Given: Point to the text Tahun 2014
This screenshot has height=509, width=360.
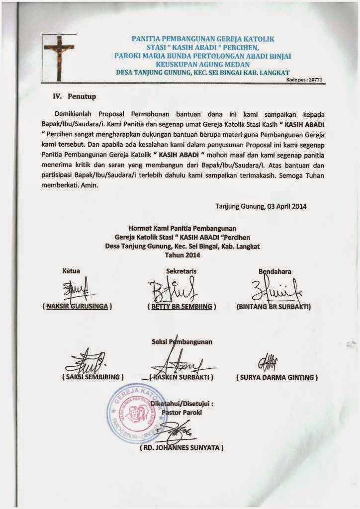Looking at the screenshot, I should [x=181, y=255].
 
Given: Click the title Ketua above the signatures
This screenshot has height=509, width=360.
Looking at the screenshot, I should [x=71, y=271].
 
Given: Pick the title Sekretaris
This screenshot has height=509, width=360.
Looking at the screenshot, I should [x=181, y=271].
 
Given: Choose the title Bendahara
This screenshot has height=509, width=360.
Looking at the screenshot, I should [x=275, y=271].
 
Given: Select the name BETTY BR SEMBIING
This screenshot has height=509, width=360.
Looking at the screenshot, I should [x=182, y=306].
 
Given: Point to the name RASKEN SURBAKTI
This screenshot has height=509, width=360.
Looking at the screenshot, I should [x=182, y=377].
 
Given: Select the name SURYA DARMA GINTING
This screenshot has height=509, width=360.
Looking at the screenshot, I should [x=277, y=377].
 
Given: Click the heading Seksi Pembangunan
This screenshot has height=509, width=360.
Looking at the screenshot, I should [x=181, y=342].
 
